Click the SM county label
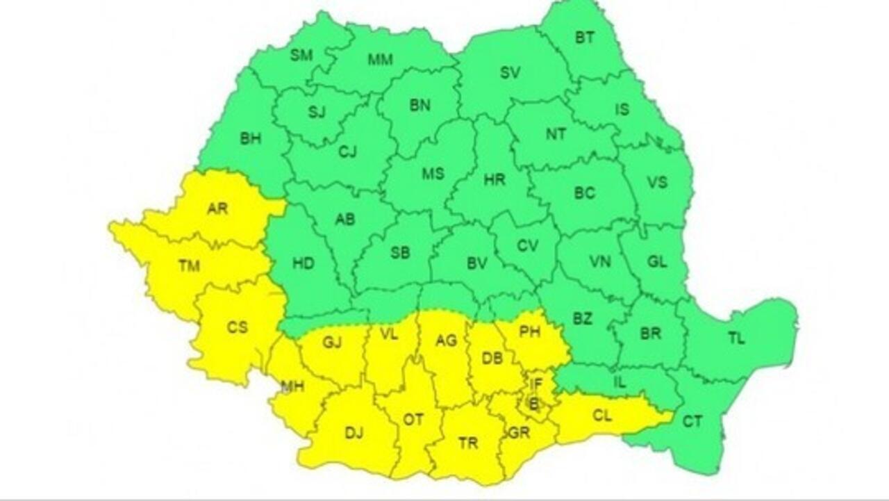click(x=301, y=56)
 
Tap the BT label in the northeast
click(x=585, y=38)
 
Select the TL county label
click(x=736, y=339)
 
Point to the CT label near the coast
click(x=692, y=421)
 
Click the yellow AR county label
click(x=217, y=208)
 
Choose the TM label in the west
click(x=188, y=265)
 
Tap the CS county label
click(x=238, y=327)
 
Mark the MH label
click(x=292, y=386)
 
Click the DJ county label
click(x=354, y=433)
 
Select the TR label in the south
click(x=468, y=443)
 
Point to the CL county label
click(x=602, y=416)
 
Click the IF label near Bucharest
click(x=535, y=383)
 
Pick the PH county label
click(x=530, y=333)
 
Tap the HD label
click(x=303, y=263)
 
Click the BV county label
click(x=476, y=263)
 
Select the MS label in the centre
click(x=433, y=174)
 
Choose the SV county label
click(x=510, y=73)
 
